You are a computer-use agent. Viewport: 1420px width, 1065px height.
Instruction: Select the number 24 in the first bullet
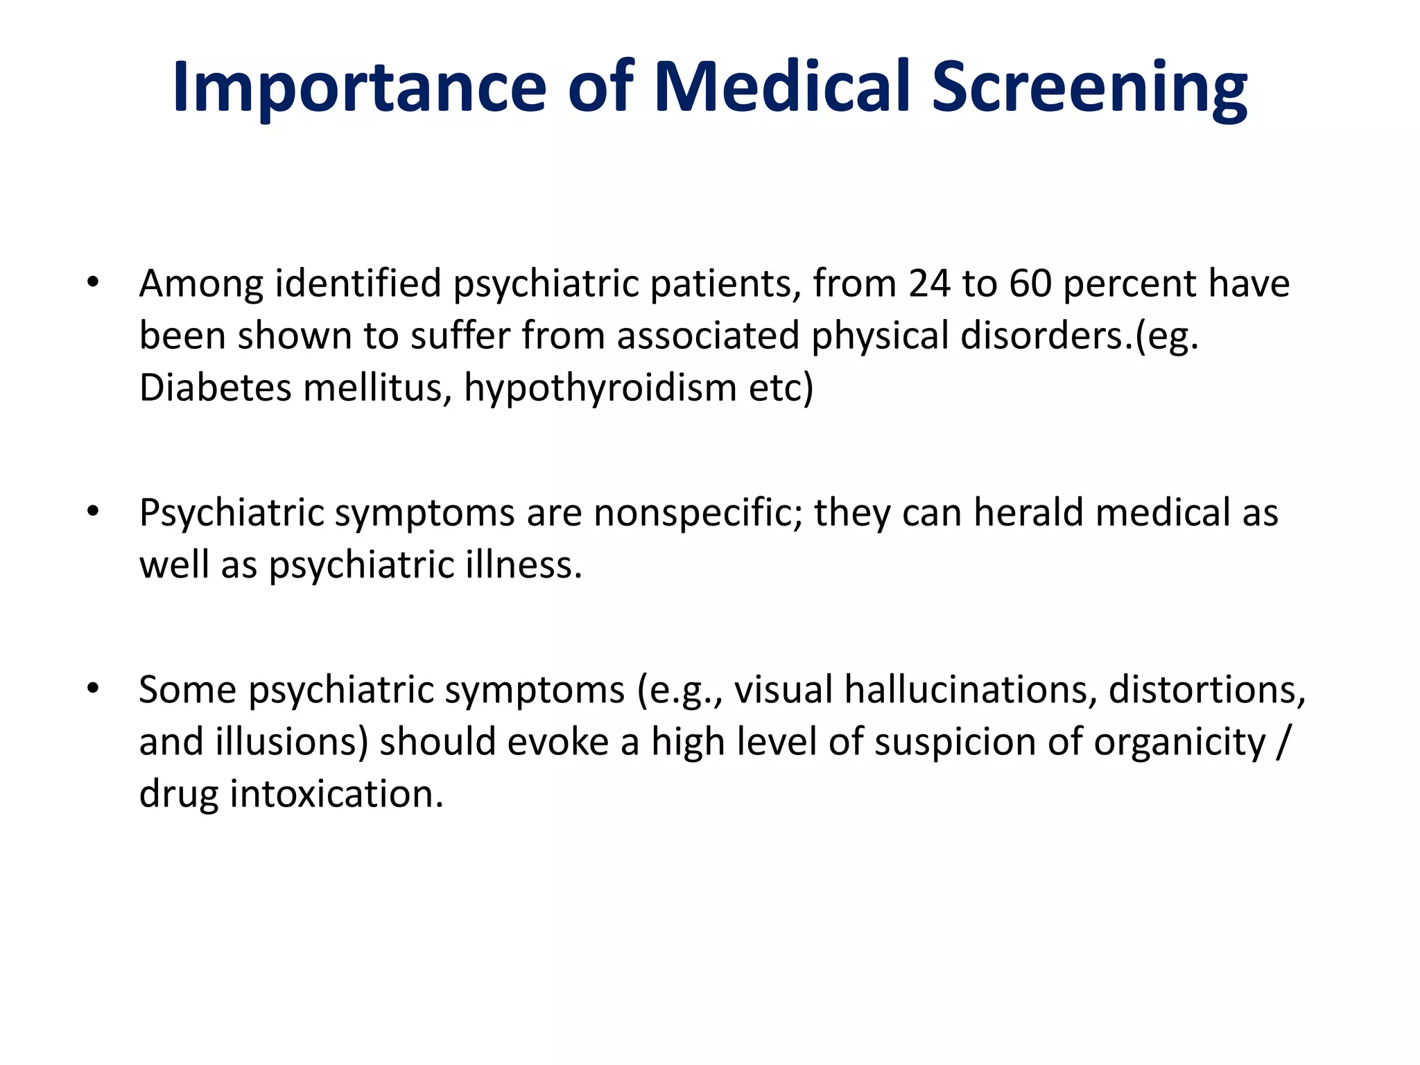pyautogui.click(x=929, y=284)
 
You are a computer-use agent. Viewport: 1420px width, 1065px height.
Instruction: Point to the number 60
pyautogui.click(x=1030, y=284)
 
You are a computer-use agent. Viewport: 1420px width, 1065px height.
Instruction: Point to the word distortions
pyautogui.click(x=1206, y=690)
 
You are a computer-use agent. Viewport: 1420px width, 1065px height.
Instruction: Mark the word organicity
pyautogui.click(x=1179, y=742)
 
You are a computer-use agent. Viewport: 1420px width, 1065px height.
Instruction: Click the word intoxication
pyautogui.click(x=336, y=793)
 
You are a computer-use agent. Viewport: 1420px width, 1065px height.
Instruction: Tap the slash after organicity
pyautogui.click(x=1282, y=742)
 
